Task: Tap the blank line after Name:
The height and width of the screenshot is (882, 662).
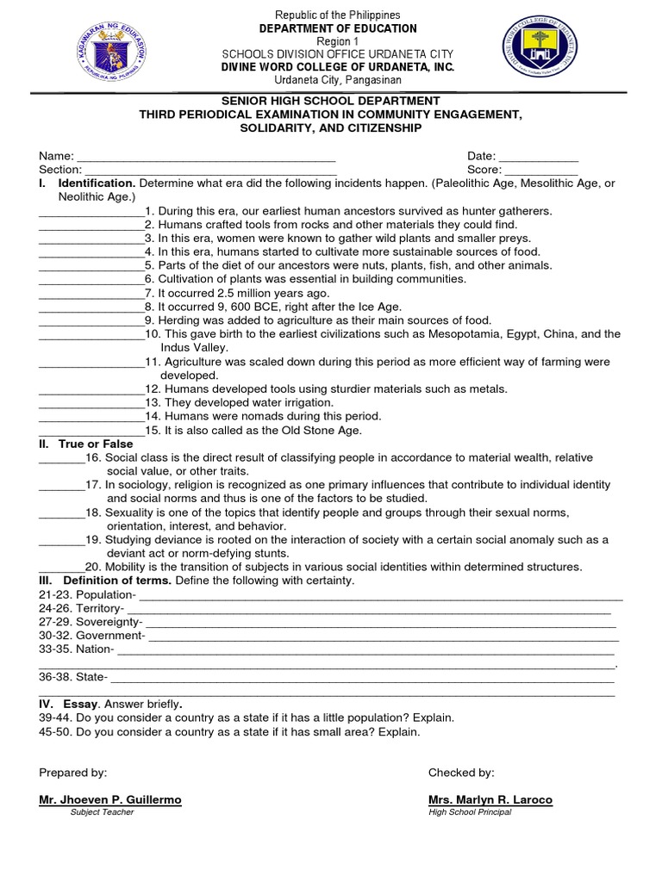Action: (x=206, y=157)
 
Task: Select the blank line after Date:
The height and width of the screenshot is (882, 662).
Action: (x=539, y=157)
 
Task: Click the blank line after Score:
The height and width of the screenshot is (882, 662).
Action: (x=542, y=171)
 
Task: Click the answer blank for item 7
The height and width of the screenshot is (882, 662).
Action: (x=91, y=293)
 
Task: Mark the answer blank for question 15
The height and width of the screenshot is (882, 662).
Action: (x=91, y=431)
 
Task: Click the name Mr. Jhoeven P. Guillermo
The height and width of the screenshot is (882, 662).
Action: (x=110, y=800)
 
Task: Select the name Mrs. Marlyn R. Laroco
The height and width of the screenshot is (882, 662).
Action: (x=490, y=800)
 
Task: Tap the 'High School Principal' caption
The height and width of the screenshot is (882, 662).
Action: (x=469, y=812)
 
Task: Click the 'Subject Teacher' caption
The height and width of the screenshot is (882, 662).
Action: (x=102, y=812)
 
